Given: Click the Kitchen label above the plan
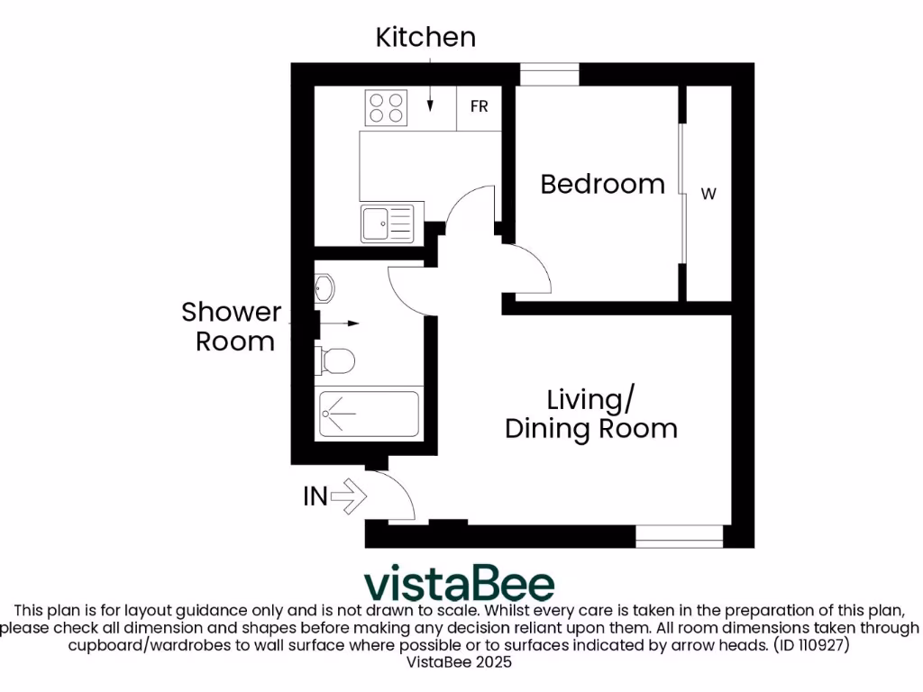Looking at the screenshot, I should pyautogui.click(x=425, y=38).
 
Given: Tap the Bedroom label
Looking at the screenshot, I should pyautogui.click(x=602, y=184).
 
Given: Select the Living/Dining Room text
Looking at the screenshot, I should pyautogui.click(x=590, y=414).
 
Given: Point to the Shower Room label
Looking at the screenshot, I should pyautogui.click(x=231, y=326).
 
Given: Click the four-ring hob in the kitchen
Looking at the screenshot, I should pyautogui.click(x=385, y=108).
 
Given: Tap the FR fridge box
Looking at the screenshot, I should pyautogui.click(x=480, y=107).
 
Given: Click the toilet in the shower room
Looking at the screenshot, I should pyautogui.click(x=335, y=361).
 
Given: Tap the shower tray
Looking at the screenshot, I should pyautogui.click(x=367, y=414).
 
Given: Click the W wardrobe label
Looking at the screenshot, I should pyautogui.click(x=708, y=194).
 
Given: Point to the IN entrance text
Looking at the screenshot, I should pyautogui.click(x=315, y=496).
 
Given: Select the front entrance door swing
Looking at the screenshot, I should pyautogui.click(x=395, y=496).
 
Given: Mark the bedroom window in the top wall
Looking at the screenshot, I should pyautogui.click(x=549, y=75).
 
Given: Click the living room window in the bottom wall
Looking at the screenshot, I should pyautogui.click(x=680, y=536).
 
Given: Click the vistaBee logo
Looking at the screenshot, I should pyautogui.click(x=460, y=585).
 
